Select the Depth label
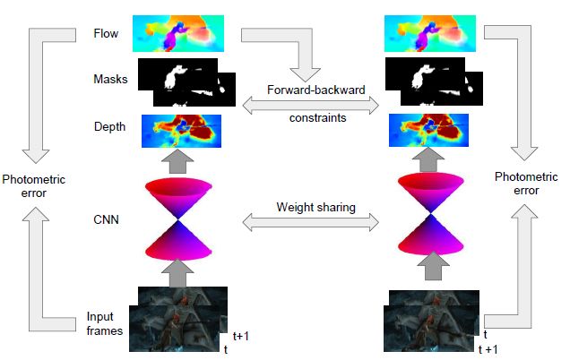(109, 126)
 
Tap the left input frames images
(178, 317)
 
